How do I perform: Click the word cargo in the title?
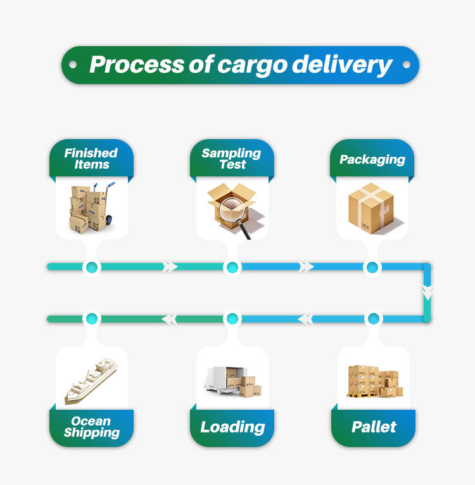click(x=252, y=65)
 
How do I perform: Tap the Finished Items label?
click(x=91, y=158)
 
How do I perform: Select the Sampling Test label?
click(x=232, y=158)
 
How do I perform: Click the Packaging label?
click(x=372, y=159)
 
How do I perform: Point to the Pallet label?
click(x=374, y=427)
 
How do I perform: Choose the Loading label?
click(x=232, y=427)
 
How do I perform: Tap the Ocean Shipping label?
click(x=91, y=427)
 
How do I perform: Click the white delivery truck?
click(x=224, y=381)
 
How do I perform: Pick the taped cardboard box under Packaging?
click(x=371, y=208)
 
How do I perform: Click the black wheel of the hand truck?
click(x=109, y=220)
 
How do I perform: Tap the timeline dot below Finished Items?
click(x=92, y=267)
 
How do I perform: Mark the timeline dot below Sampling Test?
click(x=232, y=267)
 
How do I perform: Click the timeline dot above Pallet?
click(x=374, y=319)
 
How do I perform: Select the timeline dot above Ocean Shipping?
click(x=92, y=319)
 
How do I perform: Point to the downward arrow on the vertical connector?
click(x=427, y=292)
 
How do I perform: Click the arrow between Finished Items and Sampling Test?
click(x=170, y=267)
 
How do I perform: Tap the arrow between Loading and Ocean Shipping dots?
click(x=169, y=319)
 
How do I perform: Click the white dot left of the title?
click(x=73, y=64)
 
